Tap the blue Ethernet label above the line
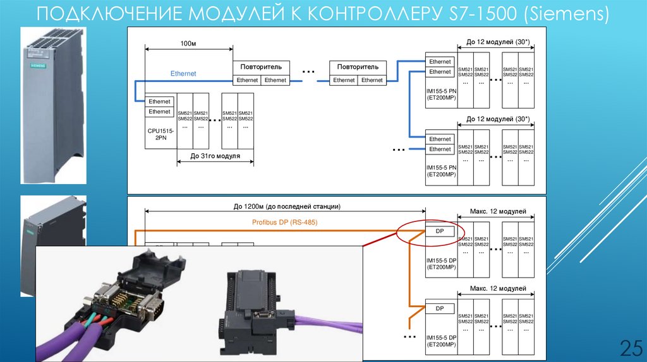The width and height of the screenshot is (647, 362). pyautogui.click(x=183, y=74)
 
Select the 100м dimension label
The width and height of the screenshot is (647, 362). pyautogui.click(x=188, y=44)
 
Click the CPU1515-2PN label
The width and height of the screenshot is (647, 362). pyautogui.click(x=159, y=135)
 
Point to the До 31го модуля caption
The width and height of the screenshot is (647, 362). pyautogui.click(x=215, y=155)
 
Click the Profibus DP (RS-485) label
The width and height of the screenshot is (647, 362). pyautogui.click(x=284, y=222)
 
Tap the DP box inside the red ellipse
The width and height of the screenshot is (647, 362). pyautogui.click(x=440, y=231)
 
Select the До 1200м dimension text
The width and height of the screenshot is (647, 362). pyautogui.click(x=287, y=206)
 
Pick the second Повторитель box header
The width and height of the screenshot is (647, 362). pyautogui.click(x=358, y=66)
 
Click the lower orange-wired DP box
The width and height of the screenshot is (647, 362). pyautogui.click(x=440, y=308)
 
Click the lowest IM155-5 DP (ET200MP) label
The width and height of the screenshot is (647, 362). pyautogui.click(x=441, y=341)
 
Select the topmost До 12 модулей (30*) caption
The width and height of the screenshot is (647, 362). pyautogui.click(x=498, y=42)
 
